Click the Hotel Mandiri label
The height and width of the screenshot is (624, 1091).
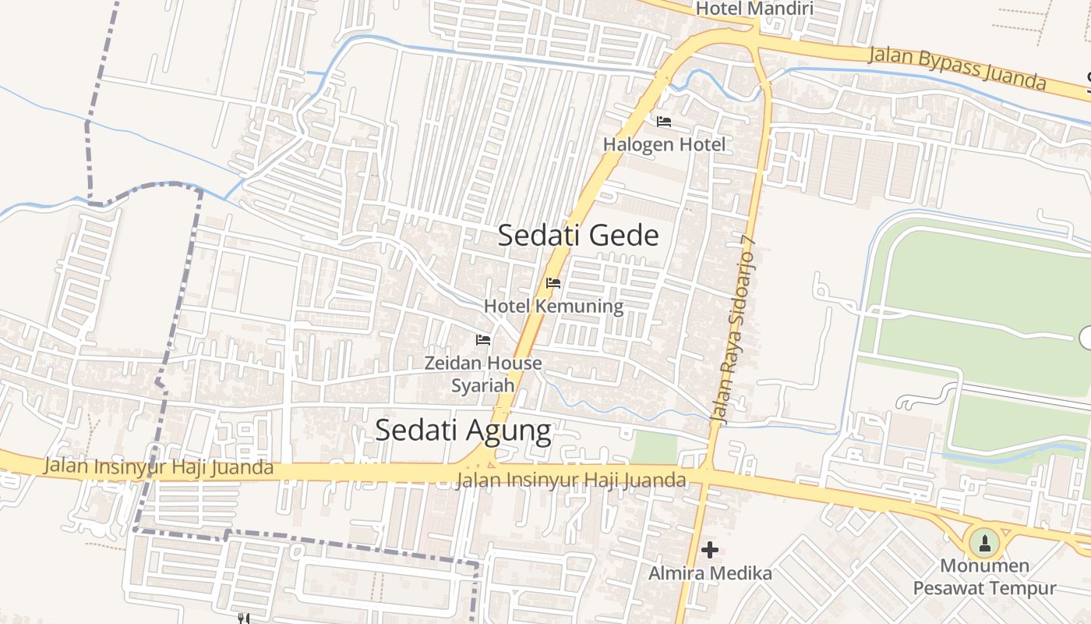754,9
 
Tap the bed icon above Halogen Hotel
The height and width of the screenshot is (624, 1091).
664,122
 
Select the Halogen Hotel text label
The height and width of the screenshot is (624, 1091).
664,144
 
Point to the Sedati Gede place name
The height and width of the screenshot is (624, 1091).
578,236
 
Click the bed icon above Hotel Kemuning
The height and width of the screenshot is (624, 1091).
553,283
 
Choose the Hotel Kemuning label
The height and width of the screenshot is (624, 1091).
553,306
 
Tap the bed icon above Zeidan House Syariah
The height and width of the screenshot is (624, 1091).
483,340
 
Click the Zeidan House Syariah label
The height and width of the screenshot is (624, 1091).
483,374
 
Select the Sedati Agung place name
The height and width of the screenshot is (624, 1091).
463,430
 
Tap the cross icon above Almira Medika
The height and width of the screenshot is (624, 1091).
710,550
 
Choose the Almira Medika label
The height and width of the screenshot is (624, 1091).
710,574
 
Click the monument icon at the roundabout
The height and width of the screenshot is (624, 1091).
983,542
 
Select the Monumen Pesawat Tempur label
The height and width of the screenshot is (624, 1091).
984,577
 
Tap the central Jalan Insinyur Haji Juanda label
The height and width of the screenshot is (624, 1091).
571,480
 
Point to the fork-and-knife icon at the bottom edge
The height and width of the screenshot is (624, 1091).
243,619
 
